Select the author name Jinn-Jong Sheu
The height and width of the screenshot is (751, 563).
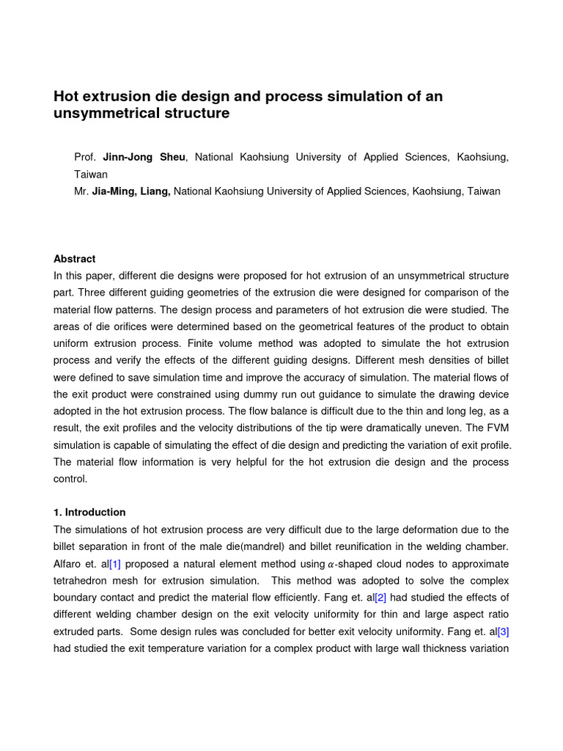pos(144,158)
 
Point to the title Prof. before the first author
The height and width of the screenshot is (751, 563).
pos(86,158)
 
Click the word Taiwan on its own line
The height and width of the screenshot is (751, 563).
pos(91,175)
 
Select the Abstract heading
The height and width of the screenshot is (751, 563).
pos(75,259)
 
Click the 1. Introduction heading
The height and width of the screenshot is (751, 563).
pos(89,513)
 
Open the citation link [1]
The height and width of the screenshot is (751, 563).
pos(115,563)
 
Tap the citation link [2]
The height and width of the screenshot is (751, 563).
pos(380,597)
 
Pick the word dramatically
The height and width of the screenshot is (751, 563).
pos(418,428)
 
